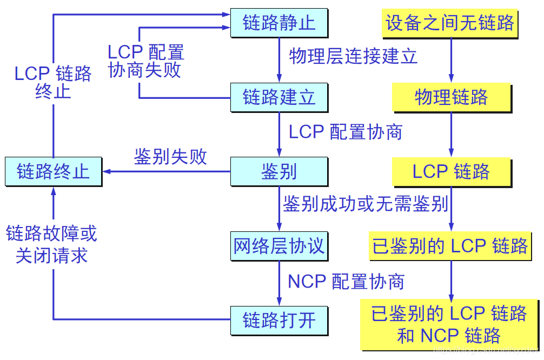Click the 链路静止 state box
[279, 23]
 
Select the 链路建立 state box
[279, 97]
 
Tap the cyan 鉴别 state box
[279, 172]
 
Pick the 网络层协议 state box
[279, 246]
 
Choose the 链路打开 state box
[279, 320]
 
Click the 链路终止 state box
[53, 172]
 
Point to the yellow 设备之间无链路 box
[450, 23]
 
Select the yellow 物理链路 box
[451, 97]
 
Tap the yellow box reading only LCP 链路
[451, 172]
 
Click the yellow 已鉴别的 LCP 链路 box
[450, 246]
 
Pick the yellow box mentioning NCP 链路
[449, 324]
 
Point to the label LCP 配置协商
[346, 132]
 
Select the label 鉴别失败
[170, 157]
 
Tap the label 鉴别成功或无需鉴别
[366, 204]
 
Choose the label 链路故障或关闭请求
[52, 244]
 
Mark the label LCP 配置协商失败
[145, 61]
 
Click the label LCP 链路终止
[53, 82]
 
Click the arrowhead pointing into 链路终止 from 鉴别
[107, 172]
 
